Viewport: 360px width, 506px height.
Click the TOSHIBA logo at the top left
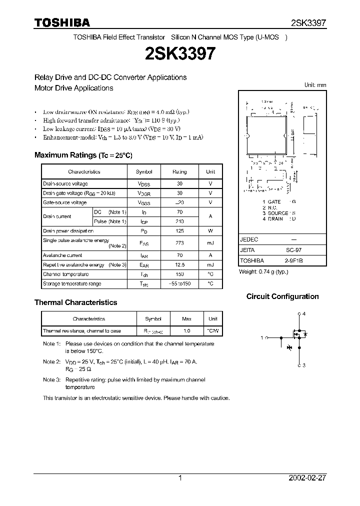[x=62, y=22]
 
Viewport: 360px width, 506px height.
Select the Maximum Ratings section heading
[x=83, y=155]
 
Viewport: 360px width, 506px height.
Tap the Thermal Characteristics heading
[x=75, y=302]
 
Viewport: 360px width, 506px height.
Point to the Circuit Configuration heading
[x=282, y=296]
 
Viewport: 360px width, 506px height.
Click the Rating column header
[x=179, y=171]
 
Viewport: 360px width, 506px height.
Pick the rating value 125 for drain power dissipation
[x=179, y=231]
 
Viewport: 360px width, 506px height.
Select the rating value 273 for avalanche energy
[x=179, y=243]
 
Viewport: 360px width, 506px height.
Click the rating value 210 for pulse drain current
[x=179, y=221]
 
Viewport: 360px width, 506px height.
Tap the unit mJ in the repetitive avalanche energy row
[x=210, y=264]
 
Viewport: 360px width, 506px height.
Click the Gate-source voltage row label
[x=64, y=202]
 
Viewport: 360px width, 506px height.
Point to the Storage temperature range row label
[x=72, y=283]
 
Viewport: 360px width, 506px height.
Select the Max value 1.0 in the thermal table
[x=187, y=331]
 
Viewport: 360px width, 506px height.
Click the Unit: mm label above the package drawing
[x=315, y=85]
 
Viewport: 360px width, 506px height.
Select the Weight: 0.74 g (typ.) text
[x=263, y=271]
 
